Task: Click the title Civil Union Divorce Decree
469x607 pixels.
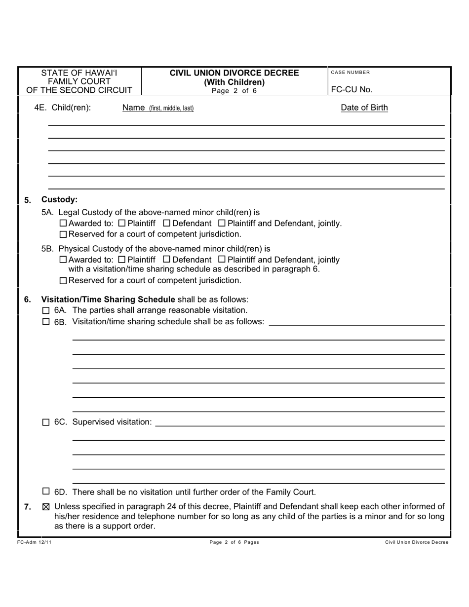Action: point(234,73)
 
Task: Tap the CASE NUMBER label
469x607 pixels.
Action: point(350,73)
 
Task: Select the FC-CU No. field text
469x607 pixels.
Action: point(352,89)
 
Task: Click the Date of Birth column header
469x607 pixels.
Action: point(364,108)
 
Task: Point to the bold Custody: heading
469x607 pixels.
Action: point(59,199)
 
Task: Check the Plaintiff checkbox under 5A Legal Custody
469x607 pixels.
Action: point(122,224)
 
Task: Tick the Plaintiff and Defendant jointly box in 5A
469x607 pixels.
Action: point(222,224)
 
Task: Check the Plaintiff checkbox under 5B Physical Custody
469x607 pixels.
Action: point(122,260)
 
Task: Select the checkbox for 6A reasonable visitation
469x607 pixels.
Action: point(46,310)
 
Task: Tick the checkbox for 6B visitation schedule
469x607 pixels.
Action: point(46,322)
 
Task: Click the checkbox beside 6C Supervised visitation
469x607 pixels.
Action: point(46,422)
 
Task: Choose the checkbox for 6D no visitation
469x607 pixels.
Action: point(46,492)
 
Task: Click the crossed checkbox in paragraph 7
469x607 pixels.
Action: point(46,506)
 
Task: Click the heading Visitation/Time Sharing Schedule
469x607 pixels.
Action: point(108,300)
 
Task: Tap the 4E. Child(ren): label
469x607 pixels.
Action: point(62,108)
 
